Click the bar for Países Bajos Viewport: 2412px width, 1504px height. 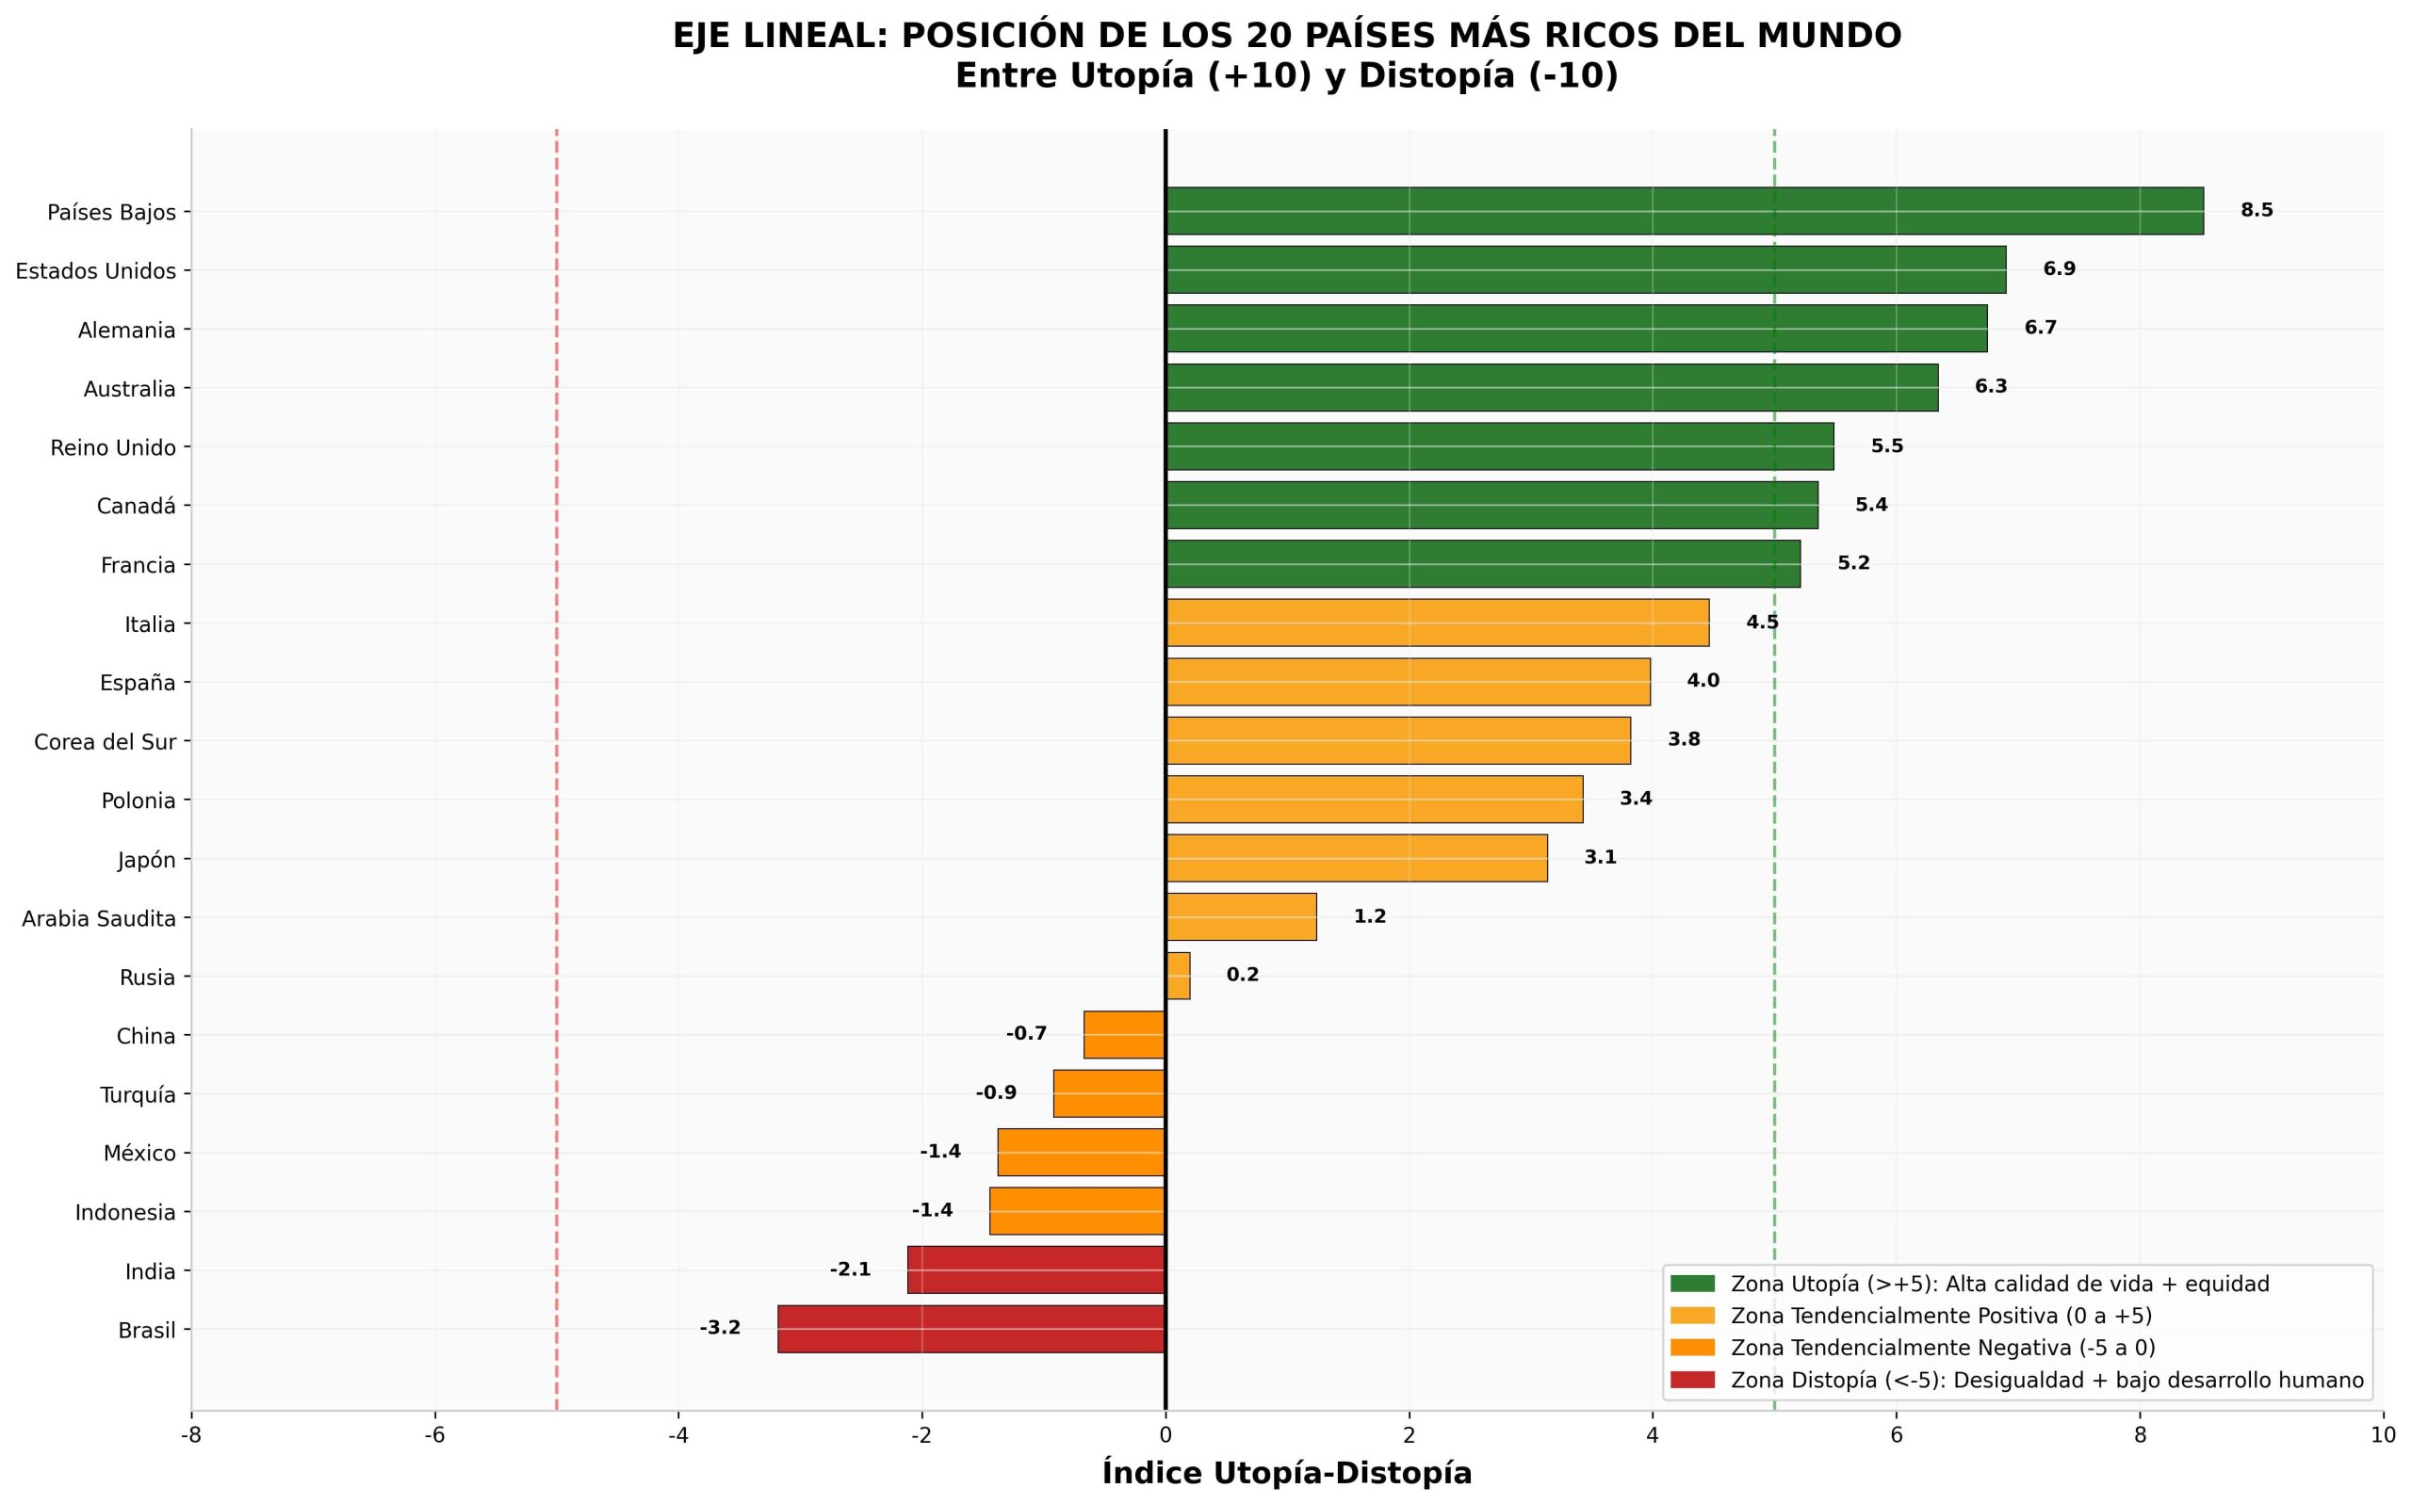(x=1685, y=211)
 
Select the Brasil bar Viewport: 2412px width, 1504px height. (x=971, y=1329)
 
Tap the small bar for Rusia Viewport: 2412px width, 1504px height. (x=1178, y=976)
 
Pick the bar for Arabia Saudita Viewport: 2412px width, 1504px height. (x=1241, y=917)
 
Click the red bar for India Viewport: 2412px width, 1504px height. (x=1035, y=1270)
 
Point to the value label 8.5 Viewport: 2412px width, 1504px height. (x=2257, y=210)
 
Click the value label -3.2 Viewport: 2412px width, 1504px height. (x=720, y=1328)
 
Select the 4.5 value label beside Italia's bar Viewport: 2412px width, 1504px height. (x=1762, y=623)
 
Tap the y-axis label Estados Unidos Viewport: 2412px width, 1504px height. (x=95, y=270)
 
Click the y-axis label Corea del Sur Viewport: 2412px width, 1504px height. (x=105, y=742)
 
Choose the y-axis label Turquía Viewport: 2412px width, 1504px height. (x=138, y=1095)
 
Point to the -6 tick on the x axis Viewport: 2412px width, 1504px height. (x=435, y=1435)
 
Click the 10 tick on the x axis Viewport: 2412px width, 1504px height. (x=2383, y=1435)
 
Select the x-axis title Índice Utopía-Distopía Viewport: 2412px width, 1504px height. (x=1287, y=1473)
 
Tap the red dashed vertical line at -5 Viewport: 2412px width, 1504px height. (x=556, y=768)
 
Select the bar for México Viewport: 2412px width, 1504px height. (x=1082, y=1152)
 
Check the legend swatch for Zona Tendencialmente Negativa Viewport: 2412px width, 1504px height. (x=1692, y=1348)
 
